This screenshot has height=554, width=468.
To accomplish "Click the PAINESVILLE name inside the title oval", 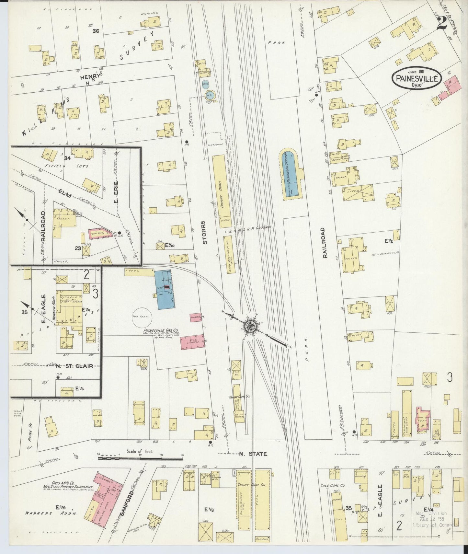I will (x=417, y=78).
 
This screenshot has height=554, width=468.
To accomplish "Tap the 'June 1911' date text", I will (x=417, y=72).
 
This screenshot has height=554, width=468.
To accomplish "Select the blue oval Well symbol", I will (x=205, y=85).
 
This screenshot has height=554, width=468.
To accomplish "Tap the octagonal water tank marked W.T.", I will (x=209, y=95).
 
